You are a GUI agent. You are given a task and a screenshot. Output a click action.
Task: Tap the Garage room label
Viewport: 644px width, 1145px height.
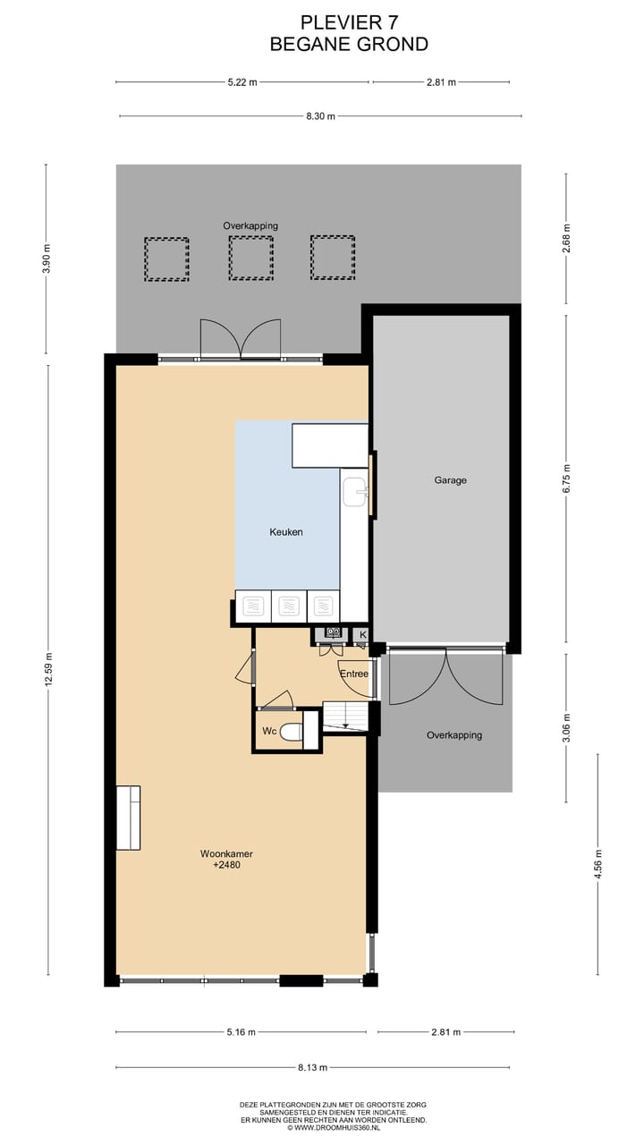tap(450, 480)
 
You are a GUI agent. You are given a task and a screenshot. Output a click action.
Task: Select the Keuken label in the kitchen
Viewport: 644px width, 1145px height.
tap(286, 532)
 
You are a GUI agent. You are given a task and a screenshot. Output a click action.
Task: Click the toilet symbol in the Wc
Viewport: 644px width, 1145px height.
tap(289, 732)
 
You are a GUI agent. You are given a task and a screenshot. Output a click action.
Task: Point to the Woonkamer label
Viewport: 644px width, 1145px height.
tap(220, 854)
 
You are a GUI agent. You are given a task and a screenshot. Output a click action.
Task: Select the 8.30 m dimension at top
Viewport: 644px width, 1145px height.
tap(320, 116)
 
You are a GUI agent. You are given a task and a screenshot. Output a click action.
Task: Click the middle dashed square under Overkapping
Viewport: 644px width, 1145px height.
tap(250, 259)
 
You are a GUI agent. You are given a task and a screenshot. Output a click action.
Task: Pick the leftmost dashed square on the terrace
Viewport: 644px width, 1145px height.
tap(166, 259)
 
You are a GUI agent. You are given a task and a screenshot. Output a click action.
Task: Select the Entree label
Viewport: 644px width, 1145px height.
tap(354, 674)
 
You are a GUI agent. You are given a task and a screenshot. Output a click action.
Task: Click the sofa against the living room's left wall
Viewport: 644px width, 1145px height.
tap(128, 818)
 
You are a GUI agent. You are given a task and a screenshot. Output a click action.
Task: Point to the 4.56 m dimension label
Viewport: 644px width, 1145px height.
tap(597, 865)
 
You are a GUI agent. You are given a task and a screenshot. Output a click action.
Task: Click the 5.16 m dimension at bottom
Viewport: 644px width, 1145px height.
tap(240, 1032)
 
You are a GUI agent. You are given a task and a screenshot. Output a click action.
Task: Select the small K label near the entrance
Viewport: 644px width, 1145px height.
tap(362, 635)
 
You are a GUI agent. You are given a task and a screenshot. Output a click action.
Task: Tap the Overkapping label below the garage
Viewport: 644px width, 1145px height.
tap(453, 735)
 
